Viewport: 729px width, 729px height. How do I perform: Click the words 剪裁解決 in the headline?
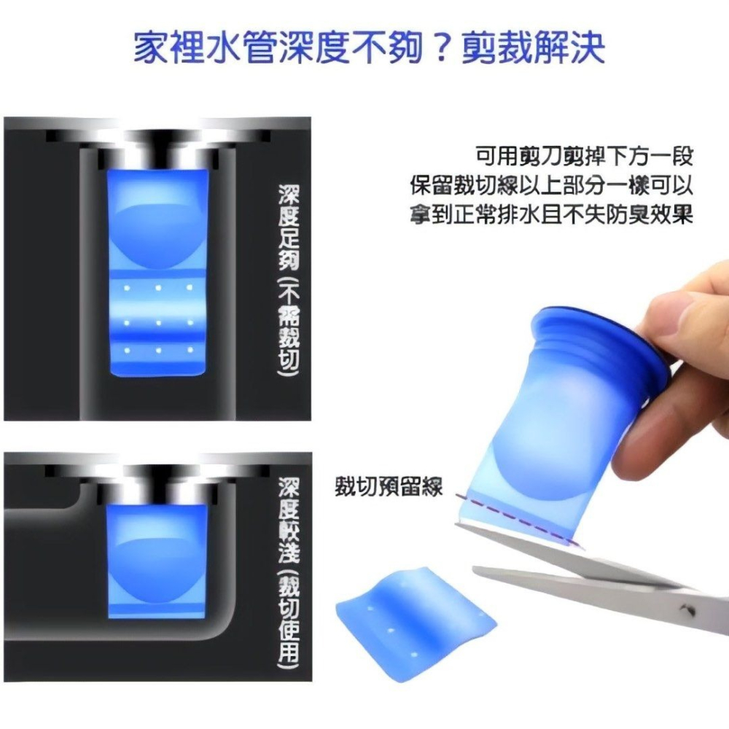pyautogui.click(x=533, y=47)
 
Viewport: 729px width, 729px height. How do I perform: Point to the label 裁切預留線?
pyautogui.click(x=388, y=486)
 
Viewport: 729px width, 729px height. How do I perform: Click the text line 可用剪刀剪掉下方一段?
pyautogui.click(x=583, y=156)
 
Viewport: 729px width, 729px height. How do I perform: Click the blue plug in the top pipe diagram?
pyautogui.click(x=157, y=270)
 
